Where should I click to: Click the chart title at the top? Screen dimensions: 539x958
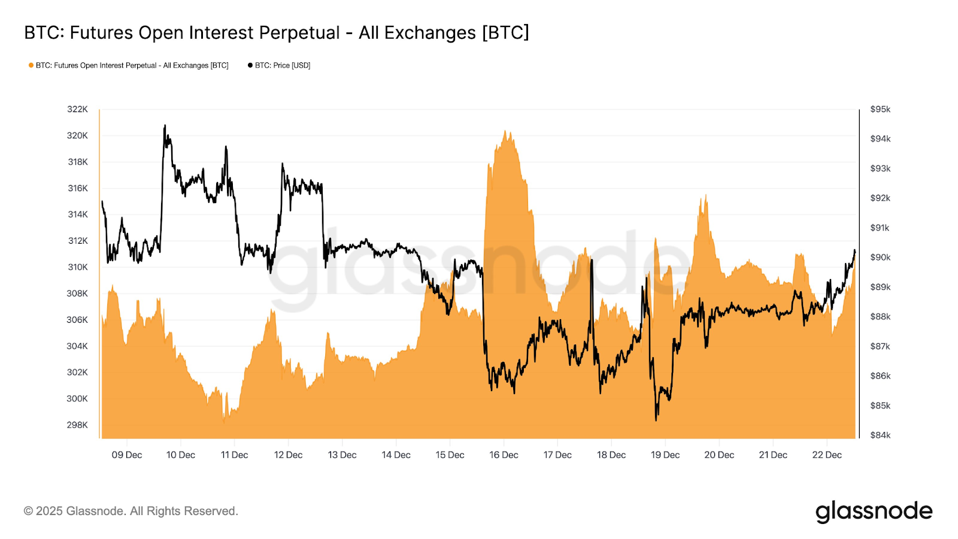[x=277, y=32]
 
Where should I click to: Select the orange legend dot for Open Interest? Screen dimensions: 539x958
[x=31, y=65]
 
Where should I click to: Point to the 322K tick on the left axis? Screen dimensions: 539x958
[x=78, y=109]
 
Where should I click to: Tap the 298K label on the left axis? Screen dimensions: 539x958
[x=78, y=425]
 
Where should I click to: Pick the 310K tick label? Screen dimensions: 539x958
[x=78, y=267]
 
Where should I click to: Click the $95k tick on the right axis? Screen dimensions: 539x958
[x=880, y=109]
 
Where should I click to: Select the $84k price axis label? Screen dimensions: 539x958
[x=880, y=435]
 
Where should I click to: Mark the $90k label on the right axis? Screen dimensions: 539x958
[x=880, y=257]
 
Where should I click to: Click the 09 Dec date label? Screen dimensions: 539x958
[x=127, y=455]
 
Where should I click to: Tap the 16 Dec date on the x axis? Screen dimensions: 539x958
[x=504, y=455]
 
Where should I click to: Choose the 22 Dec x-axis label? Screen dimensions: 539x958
[x=827, y=455]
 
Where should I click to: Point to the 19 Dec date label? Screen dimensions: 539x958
[x=665, y=455]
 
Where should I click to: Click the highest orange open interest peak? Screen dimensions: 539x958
[x=506, y=131]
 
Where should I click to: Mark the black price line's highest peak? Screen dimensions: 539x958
[x=165, y=126]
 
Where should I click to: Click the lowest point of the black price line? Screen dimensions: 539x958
[x=656, y=420]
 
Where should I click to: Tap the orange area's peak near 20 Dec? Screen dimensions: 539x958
[x=706, y=195]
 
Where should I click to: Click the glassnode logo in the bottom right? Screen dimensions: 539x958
[x=874, y=511]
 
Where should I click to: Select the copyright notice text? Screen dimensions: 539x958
[x=131, y=511]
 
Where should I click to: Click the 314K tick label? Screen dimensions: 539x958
[x=78, y=214]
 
